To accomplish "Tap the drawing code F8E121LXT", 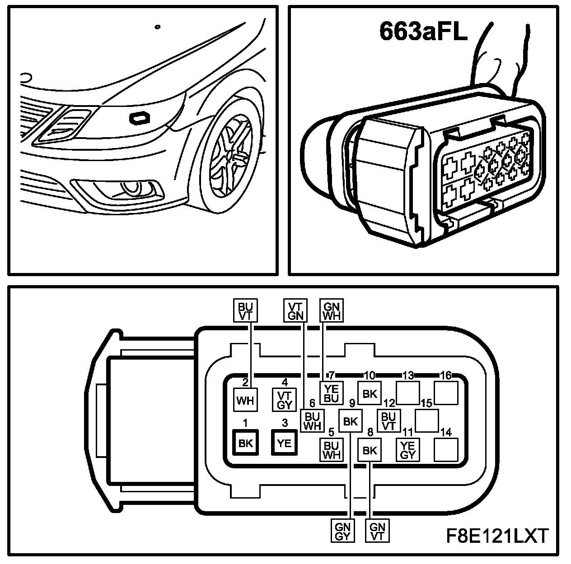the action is (x=496, y=536).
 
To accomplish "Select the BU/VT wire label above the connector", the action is (x=245, y=310).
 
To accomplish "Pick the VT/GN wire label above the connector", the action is (x=295, y=310).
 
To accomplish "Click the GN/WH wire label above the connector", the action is (x=332, y=310).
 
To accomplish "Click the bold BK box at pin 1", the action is (x=245, y=443).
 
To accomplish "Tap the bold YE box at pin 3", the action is (x=284, y=443).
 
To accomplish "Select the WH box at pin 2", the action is (x=245, y=400).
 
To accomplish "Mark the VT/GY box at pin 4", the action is (x=285, y=400).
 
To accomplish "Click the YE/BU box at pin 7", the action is (x=332, y=393).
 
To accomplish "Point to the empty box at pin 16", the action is (x=446, y=393).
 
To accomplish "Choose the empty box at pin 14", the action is (x=446, y=449).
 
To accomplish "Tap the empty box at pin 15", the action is (x=427, y=421).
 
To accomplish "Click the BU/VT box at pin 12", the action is (x=388, y=421).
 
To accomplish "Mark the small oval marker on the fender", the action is (x=140, y=118).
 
